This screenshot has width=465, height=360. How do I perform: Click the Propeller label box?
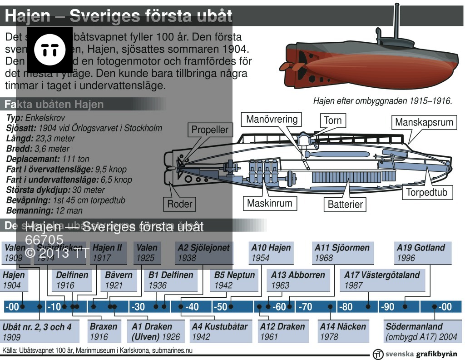[210, 130]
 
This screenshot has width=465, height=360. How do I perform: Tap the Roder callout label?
[180, 204]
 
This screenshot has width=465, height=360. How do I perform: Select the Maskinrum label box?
[269, 203]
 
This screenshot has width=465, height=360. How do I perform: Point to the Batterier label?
[345, 205]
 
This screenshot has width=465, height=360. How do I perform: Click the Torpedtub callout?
[426, 192]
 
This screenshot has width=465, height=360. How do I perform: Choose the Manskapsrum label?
[424, 122]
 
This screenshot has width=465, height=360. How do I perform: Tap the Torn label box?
[332, 120]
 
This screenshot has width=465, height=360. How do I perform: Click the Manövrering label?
[272, 120]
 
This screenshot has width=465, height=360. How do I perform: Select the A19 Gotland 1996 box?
[423, 253]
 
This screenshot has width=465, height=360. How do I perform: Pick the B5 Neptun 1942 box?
[235, 280]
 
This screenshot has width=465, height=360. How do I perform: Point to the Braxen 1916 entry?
[104, 331]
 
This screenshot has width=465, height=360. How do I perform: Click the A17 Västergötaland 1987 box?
[382, 280]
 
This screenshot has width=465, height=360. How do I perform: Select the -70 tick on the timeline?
[305, 307]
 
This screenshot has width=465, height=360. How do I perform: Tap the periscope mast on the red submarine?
[397, 20]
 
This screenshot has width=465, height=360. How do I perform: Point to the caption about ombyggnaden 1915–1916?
[382, 101]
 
